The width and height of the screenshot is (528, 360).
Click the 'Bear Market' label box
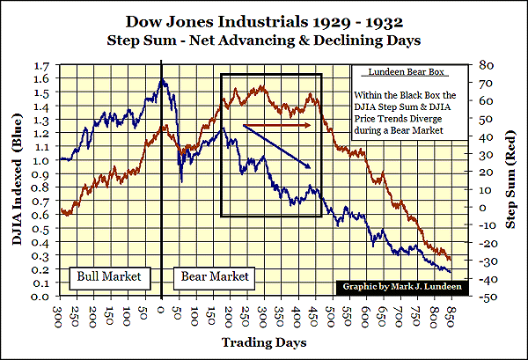point(215,276)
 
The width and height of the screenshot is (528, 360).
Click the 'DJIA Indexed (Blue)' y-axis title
point(12,180)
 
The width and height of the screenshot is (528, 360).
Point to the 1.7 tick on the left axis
point(40,66)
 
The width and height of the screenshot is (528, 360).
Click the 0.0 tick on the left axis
point(40,297)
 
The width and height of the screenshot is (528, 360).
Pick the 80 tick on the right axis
point(483,66)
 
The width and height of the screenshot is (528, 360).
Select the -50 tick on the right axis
point(485,297)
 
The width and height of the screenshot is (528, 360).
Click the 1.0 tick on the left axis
point(40,161)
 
